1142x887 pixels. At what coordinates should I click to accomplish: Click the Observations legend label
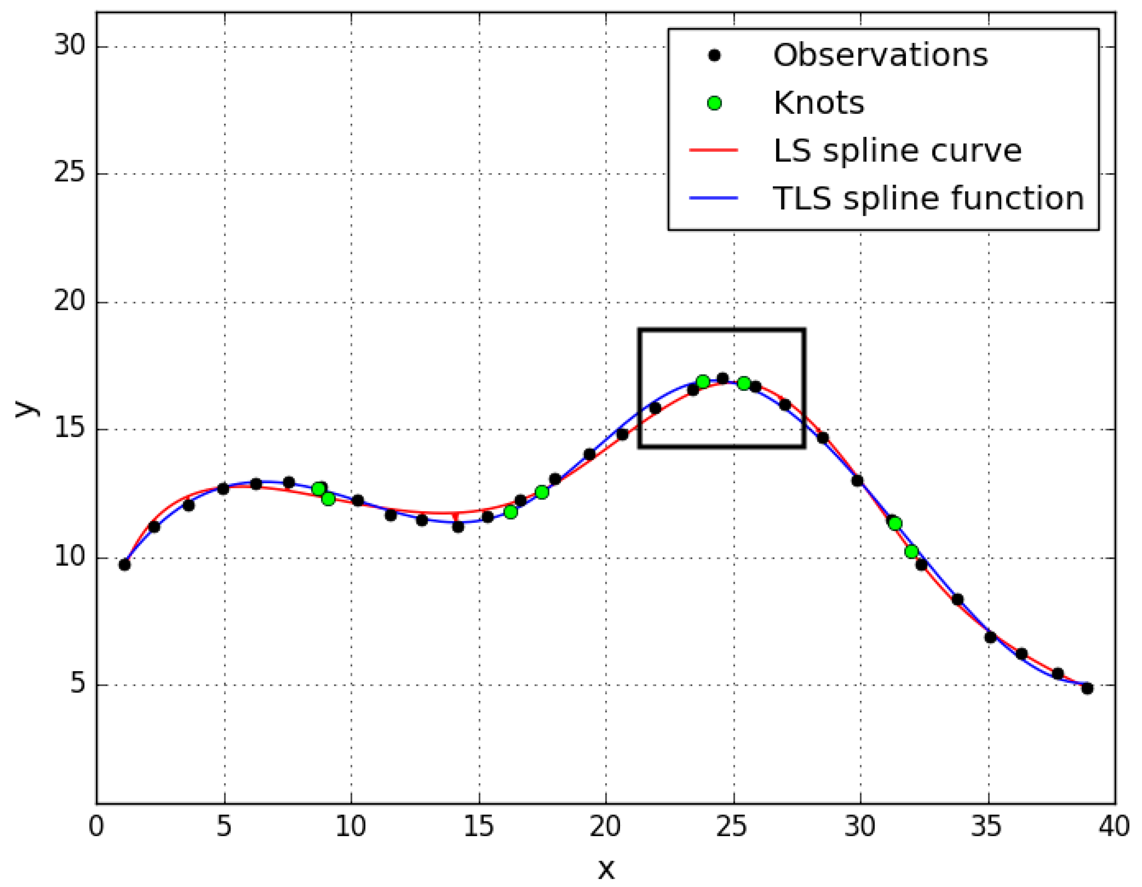coord(880,55)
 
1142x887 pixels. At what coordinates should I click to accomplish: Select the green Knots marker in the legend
coord(714,103)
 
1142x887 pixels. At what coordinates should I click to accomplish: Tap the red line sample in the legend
coord(713,150)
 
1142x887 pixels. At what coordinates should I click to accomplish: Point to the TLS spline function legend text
coord(928,199)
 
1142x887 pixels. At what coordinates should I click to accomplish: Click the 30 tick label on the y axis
coord(70,46)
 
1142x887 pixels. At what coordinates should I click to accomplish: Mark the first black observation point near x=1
coord(125,564)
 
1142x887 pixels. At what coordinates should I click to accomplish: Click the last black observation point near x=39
coord(1087,688)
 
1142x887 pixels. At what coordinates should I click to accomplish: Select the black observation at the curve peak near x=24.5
coord(723,378)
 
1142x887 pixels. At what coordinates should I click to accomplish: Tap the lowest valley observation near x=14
coord(458,527)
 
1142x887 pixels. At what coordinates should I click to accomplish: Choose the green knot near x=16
coord(511,512)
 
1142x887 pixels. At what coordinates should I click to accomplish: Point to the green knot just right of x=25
coord(743,383)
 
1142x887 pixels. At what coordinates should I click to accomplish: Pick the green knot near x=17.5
coord(542,492)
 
